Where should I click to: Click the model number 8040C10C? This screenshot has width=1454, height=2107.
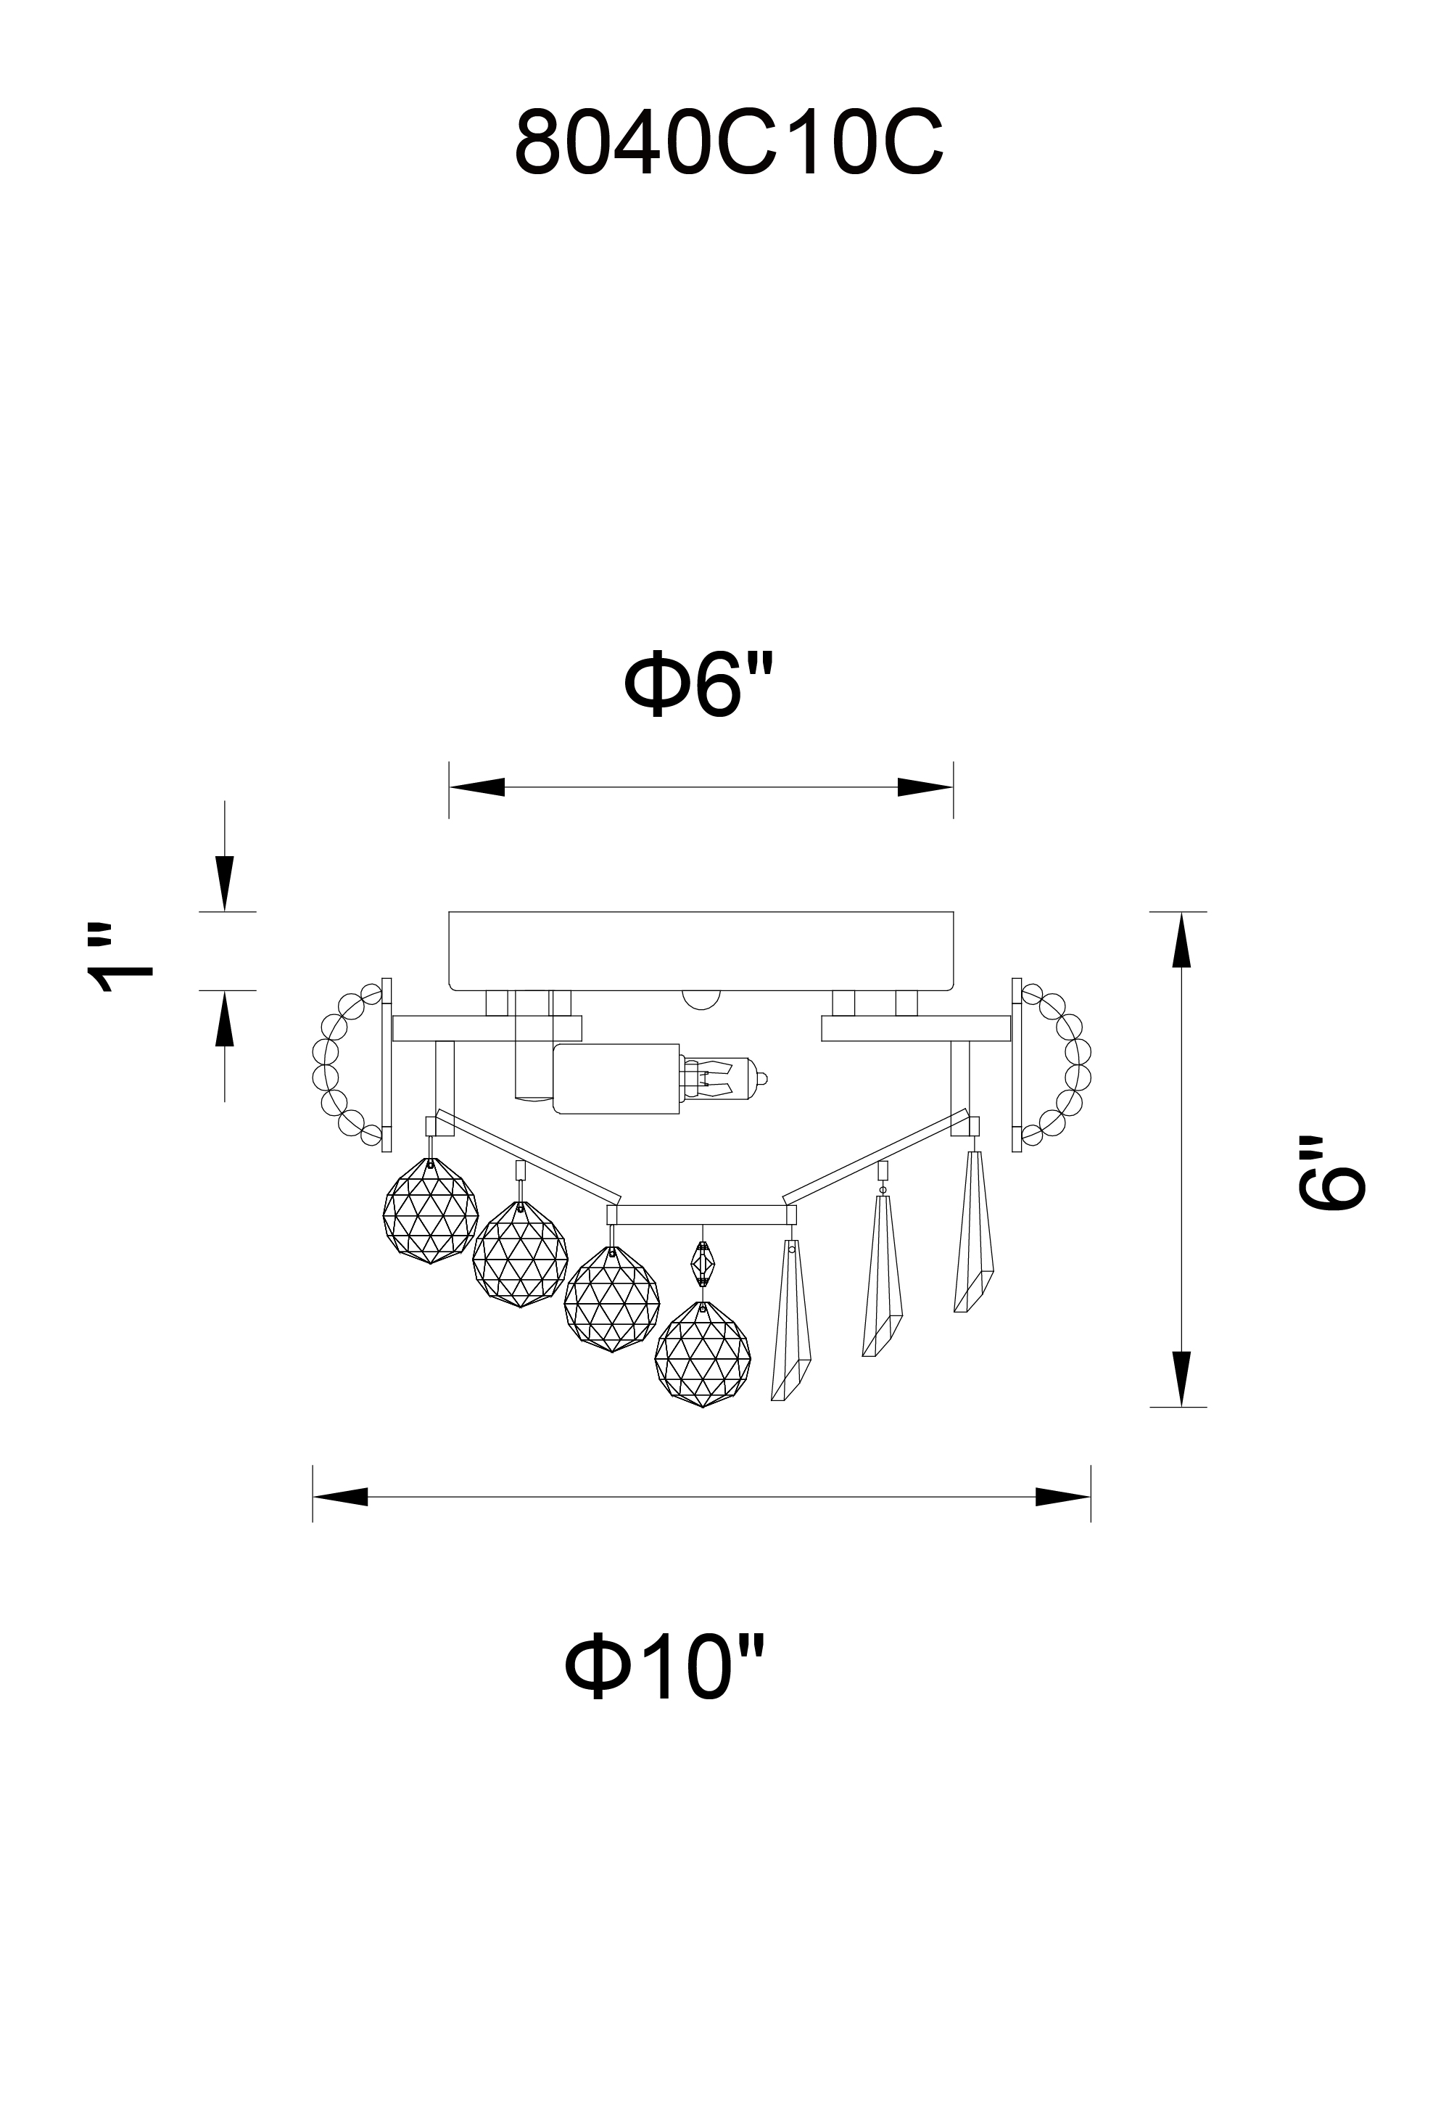tap(729, 143)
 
